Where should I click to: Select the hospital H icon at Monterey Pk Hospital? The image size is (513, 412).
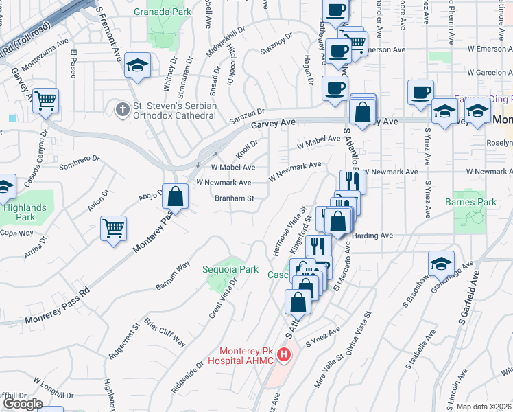[283, 355]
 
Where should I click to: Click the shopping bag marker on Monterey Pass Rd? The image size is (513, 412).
[176, 196]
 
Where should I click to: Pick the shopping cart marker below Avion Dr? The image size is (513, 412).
[114, 227]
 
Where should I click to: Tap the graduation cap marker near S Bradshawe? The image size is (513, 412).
[441, 264]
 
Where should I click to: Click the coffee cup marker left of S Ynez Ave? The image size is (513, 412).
[420, 92]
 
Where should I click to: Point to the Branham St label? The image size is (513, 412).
[235, 198]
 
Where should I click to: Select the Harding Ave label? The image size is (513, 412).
[373, 236]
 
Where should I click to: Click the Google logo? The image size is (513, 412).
[23, 404]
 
